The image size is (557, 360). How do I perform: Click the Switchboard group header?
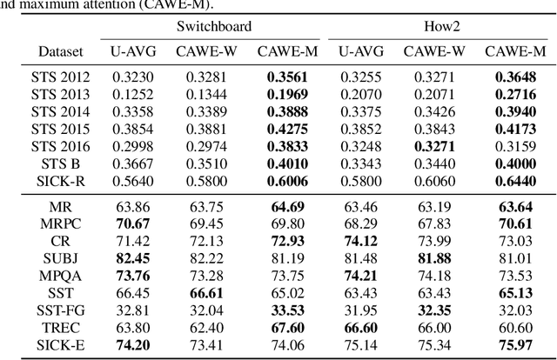[x=214, y=27]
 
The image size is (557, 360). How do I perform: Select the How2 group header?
[x=440, y=27]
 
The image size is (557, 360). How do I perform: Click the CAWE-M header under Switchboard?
[x=287, y=51]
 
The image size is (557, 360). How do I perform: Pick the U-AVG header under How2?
[x=361, y=51]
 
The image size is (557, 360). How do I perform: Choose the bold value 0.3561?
[x=287, y=78]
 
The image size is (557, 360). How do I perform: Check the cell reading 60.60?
[x=515, y=327]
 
